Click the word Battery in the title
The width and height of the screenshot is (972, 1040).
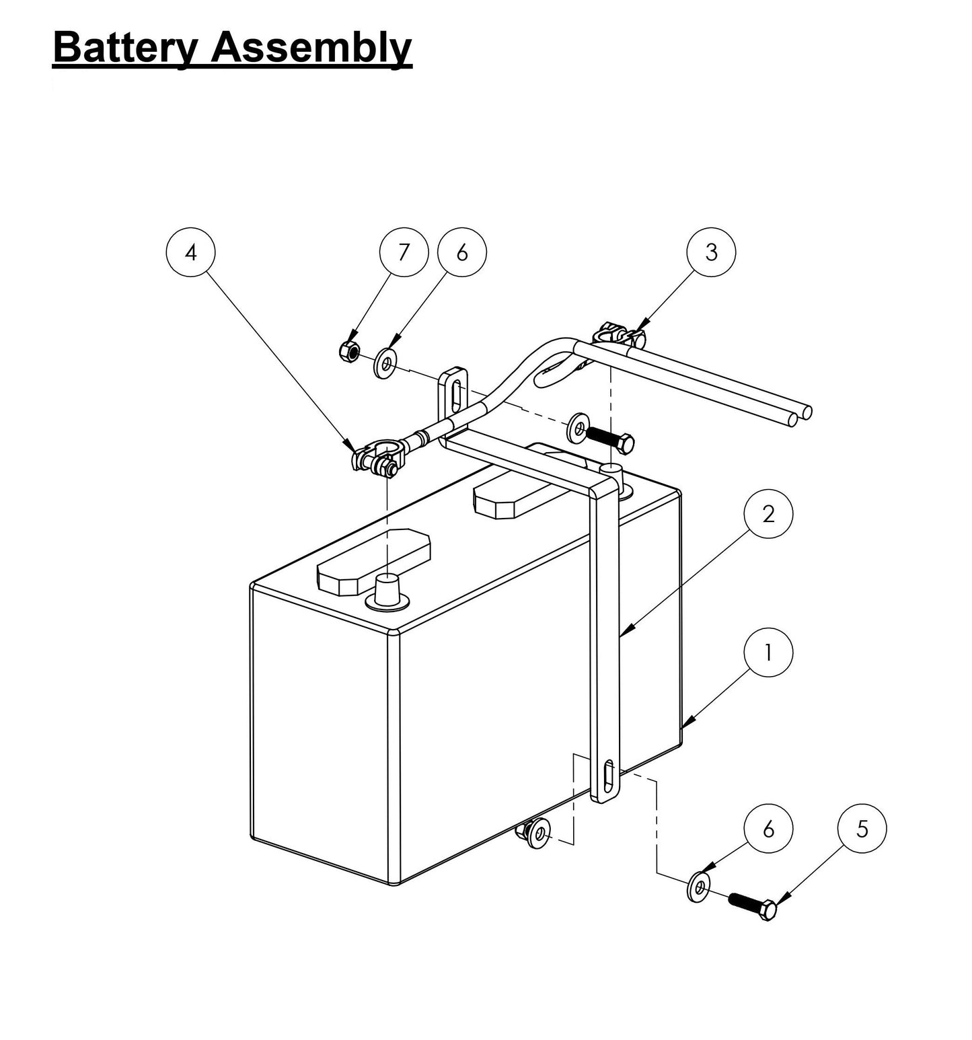[126, 48]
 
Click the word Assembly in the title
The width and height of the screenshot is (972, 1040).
[310, 48]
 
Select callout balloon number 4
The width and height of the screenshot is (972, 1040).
[191, 253]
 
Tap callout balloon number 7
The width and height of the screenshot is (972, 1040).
[404, 253]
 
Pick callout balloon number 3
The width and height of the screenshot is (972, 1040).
[711, 252]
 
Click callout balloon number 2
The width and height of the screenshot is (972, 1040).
[768, 515]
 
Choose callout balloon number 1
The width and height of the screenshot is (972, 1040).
[768, 652]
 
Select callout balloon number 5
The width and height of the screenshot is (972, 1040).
[862, 829]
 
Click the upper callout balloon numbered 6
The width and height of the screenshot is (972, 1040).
[461, 253]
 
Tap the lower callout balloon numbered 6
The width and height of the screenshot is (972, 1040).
[768, 829]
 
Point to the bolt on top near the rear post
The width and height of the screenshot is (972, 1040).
[609, 437]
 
